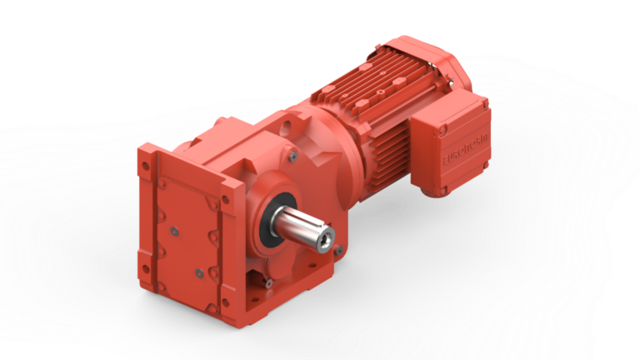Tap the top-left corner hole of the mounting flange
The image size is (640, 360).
(x=146, y=162)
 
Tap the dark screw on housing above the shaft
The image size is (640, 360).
(x=292, y=155)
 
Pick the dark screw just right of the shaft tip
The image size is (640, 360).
(x=337, y=247)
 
